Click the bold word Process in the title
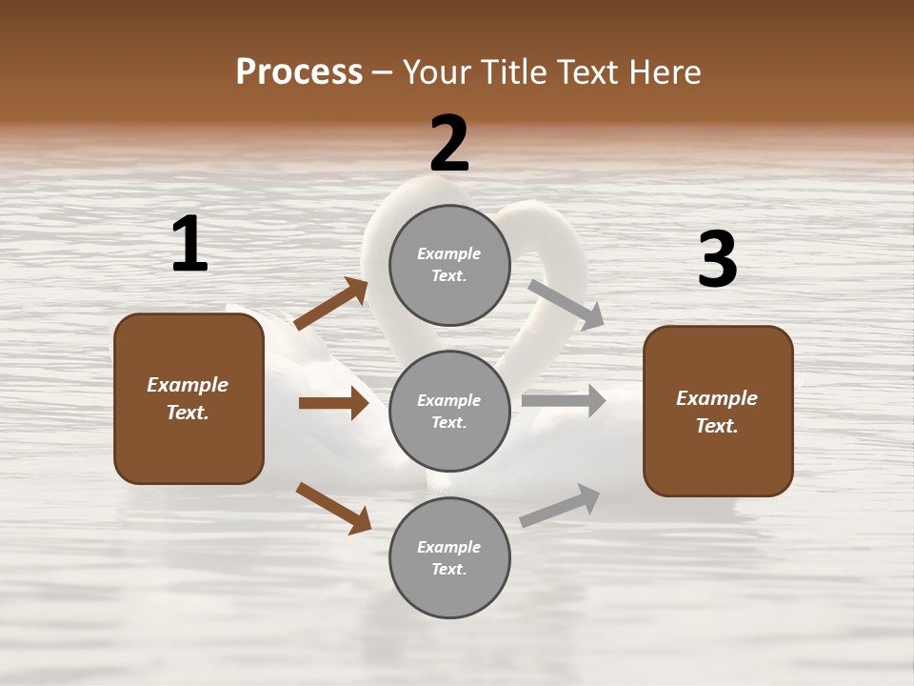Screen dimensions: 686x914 pyautogui.click(x=299, y=72)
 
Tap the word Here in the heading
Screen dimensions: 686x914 pyautogui.click(x=663, y=72)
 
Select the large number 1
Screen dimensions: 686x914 pyautogui.click(x=189, y=245)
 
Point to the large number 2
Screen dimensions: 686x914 pyautogui.click(x=449, y=144)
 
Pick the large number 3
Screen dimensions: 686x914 pyautogui.click(x=717, y=260)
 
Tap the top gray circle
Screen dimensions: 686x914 pyautogui.click(x=449, y=265)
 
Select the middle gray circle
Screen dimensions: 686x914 pyautogui.click(x=449, y=411)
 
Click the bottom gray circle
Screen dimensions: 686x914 pyautogui.click(x=449, y=557)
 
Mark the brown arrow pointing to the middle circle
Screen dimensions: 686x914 pyautogui.click(x=333, y=403)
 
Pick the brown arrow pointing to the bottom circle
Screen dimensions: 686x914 pyautogui.click(x=333, y=508)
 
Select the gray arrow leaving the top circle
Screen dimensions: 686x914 pyautogui.click(x=566, y=304)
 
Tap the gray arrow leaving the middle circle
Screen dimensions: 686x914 pyautogui.click(x=564, y=401)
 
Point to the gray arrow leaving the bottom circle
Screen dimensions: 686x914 pyautogui.click(x=560, y=506)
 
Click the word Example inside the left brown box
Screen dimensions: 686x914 pyautogui.click(x=188, y=385)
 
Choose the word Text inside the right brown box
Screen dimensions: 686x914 pyautogui.click(x=716, y=426)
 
